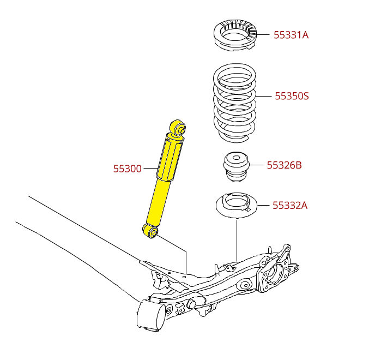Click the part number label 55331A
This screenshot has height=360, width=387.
coord(291,35)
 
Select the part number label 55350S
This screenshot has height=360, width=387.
coord(292,97)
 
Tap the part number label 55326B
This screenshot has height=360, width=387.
coord(284,165)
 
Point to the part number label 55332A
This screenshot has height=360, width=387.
coord(290,206)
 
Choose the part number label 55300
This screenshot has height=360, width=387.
coord(128,169)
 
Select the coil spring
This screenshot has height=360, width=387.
coord(234,101)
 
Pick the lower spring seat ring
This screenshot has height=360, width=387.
coord(236,206)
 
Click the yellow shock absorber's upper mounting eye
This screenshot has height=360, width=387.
coord(178,128)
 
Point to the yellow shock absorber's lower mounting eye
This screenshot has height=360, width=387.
coord(150,231)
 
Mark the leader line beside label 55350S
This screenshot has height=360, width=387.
coord(264,96)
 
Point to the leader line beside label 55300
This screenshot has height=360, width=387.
coord(150,169)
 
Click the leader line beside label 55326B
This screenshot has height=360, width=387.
coord(257,165)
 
